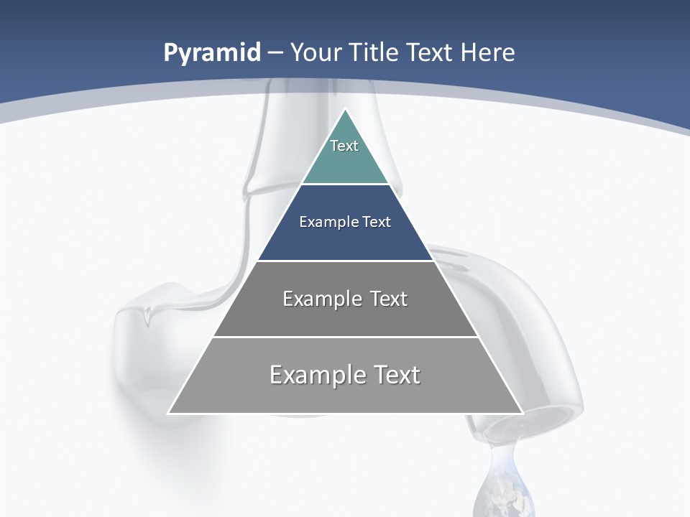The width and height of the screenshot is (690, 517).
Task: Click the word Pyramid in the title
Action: [x=212, y=53]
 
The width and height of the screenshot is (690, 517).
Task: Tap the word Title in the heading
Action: [x=374, y=52]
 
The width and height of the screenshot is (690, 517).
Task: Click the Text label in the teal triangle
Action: [x=344, y=146]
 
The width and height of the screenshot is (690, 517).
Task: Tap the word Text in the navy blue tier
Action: [x=377, y=222]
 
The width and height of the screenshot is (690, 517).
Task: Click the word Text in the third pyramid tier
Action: [x=388, y=299]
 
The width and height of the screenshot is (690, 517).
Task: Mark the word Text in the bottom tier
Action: [x=396, y=375]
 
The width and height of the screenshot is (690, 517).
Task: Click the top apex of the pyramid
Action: [x=345, y=109]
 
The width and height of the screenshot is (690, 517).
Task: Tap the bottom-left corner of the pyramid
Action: [x=169, y=413]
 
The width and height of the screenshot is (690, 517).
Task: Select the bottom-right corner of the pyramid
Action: [x=522, y=413]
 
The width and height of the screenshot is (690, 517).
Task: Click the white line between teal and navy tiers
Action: [x=345, y=185]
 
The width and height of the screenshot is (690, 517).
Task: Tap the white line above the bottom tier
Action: [x=345, y=337]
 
